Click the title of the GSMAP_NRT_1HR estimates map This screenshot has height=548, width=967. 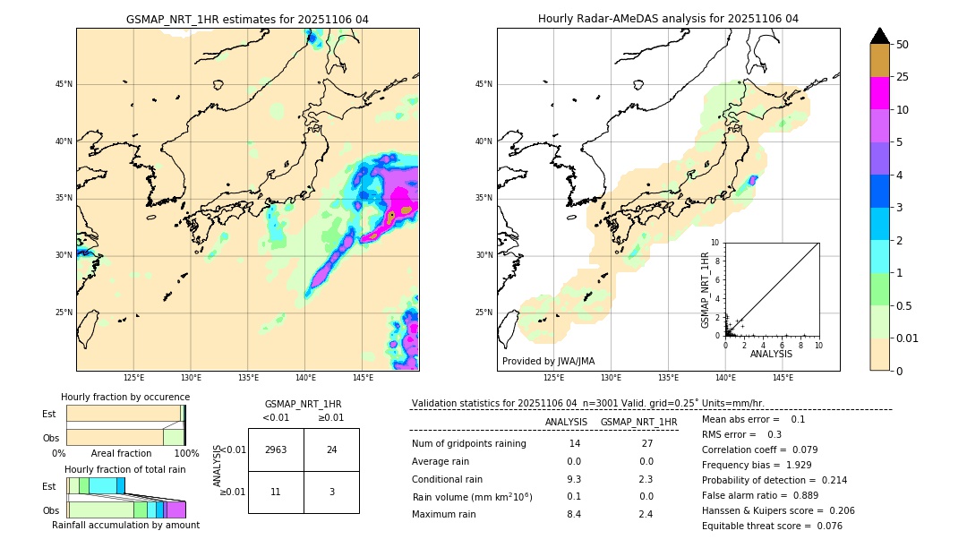[x=247, y=19]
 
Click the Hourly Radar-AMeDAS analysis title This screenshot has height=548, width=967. [x=668, y=19]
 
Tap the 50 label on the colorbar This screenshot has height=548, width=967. [x=903, y=44]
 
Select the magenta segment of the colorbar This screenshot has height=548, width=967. [x=879, y=93]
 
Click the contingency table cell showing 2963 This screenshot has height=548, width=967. [x=276, y=450]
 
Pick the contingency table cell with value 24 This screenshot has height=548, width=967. [x=331, y=450]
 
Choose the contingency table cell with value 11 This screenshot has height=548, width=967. [x=276, y=492]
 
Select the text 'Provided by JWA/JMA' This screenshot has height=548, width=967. [x=548, y=361]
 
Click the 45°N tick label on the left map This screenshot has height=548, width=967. [x=63, y=84]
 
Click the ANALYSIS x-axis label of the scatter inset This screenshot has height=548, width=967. [x=771, y=355]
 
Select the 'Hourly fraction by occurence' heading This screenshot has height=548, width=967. [x=125, y=397]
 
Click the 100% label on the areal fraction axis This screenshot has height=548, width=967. [x=186, y=454]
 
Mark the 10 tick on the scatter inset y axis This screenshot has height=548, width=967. [x=715, y=243]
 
